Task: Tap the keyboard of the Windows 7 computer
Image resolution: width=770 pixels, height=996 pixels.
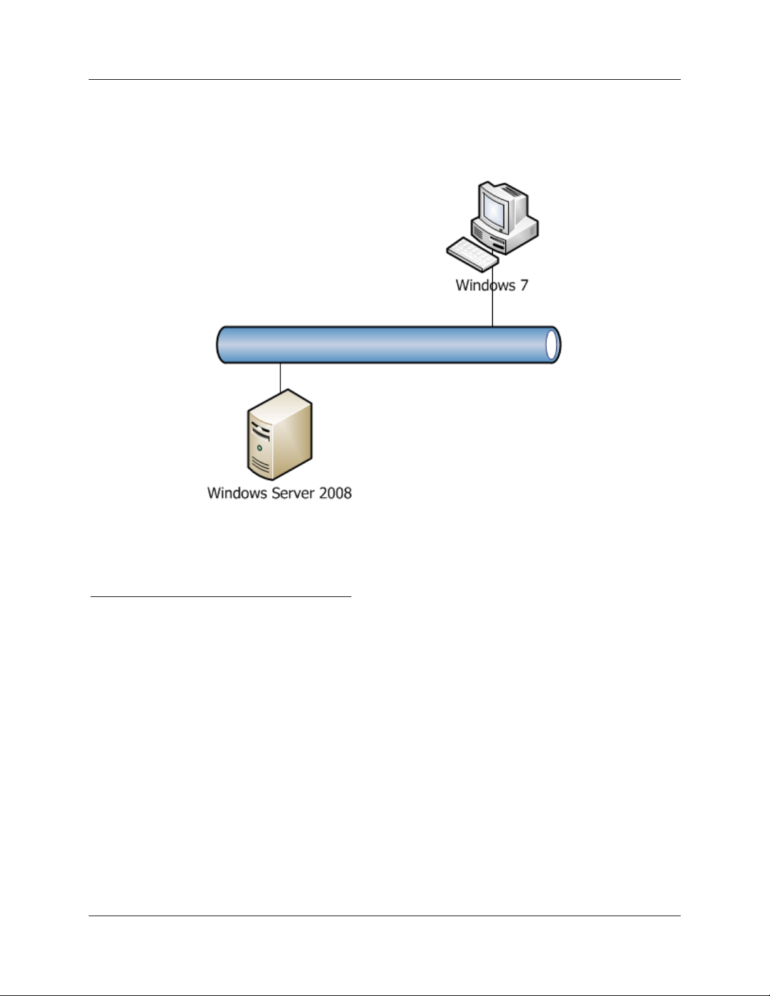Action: click(472, 253)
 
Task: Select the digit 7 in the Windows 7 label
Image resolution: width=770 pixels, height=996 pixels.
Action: click(523, 285)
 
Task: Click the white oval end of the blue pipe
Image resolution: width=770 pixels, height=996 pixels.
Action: click(551, 345)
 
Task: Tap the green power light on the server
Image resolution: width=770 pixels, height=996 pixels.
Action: click(259, 448)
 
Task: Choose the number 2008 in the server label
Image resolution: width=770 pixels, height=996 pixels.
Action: click(335, 493)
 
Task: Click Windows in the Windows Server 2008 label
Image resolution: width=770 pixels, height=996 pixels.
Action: click(237, 493)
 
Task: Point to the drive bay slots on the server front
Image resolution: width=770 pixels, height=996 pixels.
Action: click(260, 431)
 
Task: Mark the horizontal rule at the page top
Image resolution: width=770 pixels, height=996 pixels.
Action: click(384, 80)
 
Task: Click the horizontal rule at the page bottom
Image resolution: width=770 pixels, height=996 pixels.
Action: click(384, 916)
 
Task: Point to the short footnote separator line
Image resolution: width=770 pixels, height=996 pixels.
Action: click(221, 596)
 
